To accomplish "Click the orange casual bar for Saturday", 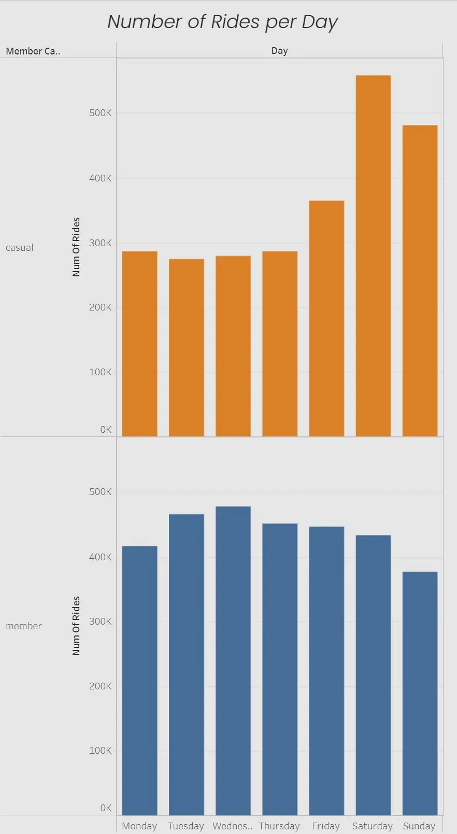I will click(373, 256).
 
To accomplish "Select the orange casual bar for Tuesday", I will click(187, 347).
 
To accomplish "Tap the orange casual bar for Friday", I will click(326, 318).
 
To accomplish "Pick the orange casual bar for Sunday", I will click(420, 280).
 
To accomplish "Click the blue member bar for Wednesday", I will click(233, 661).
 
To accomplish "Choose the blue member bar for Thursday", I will click(280, 669).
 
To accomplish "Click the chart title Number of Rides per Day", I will click(222, 22).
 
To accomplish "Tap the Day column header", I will click(279, 51).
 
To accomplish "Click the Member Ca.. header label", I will click(33, 51).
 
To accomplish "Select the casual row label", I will click(20, 248).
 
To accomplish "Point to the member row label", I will click(24, 626).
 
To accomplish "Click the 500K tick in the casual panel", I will click(100, 113).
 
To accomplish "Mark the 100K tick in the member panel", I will click(100, 751).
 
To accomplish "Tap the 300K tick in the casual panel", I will click(100, 243).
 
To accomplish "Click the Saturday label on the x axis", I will click(372, 826).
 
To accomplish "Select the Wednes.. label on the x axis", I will click(232, 826).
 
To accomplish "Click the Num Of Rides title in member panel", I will click(76, 626).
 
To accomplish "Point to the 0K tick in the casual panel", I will click(106, 430).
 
